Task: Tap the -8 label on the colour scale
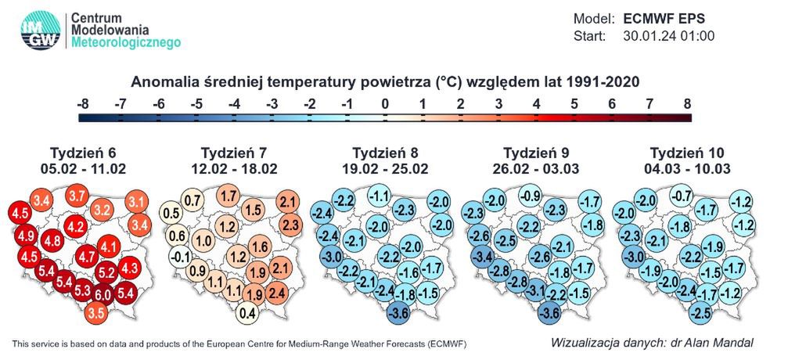tap(84, 103)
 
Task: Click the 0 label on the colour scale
tap(384, 103)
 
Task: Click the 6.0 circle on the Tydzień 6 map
tap(103, 295)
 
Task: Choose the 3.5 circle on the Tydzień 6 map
tap(95, 313)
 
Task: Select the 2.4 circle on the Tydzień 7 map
tap(275, 294)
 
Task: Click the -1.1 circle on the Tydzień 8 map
tap(380, 196)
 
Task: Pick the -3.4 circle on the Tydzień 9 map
tap(480, 256)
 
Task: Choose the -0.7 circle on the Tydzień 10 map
tap(682, 196)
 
